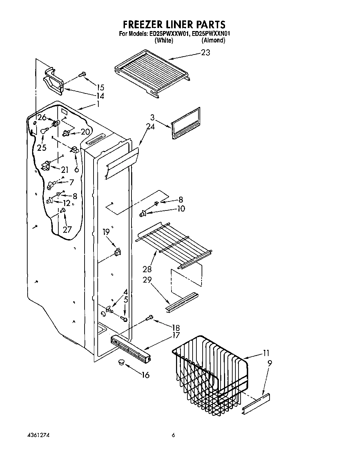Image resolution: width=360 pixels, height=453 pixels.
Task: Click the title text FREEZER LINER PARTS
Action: click(x=174, y=24)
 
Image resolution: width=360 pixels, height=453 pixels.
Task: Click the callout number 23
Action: click(x=205, y=53)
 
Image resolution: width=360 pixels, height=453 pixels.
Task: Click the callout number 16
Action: click(x=146, y=375)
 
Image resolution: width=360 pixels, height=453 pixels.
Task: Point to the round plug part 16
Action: click(x=121, y=362)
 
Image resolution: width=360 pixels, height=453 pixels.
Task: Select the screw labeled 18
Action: click(x=149, y=317)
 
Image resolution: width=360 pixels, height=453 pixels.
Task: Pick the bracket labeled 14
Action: click(x=52, y=81)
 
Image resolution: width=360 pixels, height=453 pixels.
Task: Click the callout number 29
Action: click(x=147, y=279)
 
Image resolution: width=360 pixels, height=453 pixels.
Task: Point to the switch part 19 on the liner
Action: click(x=118, y=253)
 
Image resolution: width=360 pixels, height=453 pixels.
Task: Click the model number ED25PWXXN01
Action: click(x=211, y=34)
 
